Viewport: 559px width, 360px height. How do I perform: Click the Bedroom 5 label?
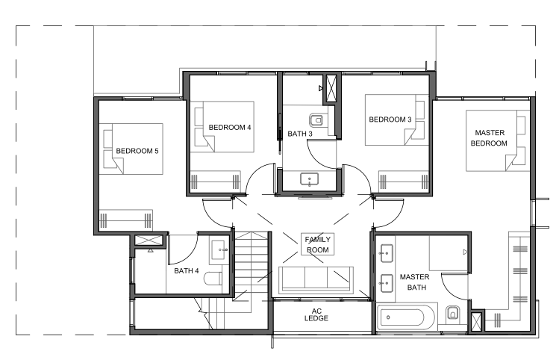[137, 151]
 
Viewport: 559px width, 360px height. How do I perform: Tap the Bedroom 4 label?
[230, 128]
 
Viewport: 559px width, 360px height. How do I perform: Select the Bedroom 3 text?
[390, 120]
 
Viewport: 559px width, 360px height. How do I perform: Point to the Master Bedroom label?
[489, 138]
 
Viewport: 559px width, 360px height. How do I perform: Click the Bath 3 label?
[300, 134]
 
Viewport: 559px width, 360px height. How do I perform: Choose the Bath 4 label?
[186, 271]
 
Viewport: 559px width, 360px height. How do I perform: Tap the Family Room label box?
[318, 244]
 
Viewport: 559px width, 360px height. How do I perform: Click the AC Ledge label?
[316, 314]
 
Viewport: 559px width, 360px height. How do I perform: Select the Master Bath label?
[415, 282]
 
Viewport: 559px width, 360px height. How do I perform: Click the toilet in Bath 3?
[316, 120]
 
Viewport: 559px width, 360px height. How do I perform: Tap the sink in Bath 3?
[309, 179]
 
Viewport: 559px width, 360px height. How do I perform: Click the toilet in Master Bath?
[453, 313]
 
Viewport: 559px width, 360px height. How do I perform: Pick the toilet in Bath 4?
[213, 279]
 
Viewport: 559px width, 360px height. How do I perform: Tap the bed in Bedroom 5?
[131, 149]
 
